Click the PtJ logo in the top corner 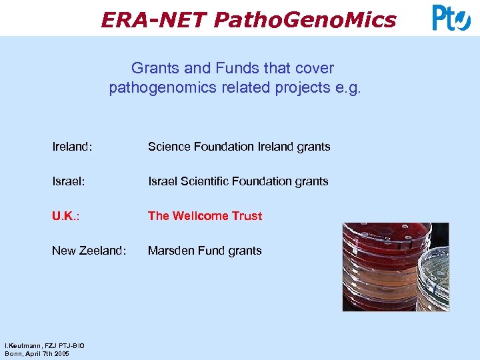pyautogui.click(x=451, y=17)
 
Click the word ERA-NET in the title pyautogui.click(x=154, y=20)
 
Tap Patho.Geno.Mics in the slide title pyautogui.click(x=305, y=20)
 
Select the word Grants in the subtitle pyautogui.click(x=152, y=68)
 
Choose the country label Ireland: pyautogui.click(x=72, y=147)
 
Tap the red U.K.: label pyautogui.click(x=67, y=216)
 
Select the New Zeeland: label pyautogui.click(x=89, y=251)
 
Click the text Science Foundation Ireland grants pyautogui.click(x=239, y=147)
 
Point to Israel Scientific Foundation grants pyautogui.click(x=238, y=181)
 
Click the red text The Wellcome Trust pyautogui.click(x=205, y=216)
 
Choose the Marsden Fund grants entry pyautogui.click(x=205, y=251)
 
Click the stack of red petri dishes pyautogui.click(x=377, y=267)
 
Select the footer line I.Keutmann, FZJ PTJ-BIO pyautogui.click(x=44, y=346)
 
